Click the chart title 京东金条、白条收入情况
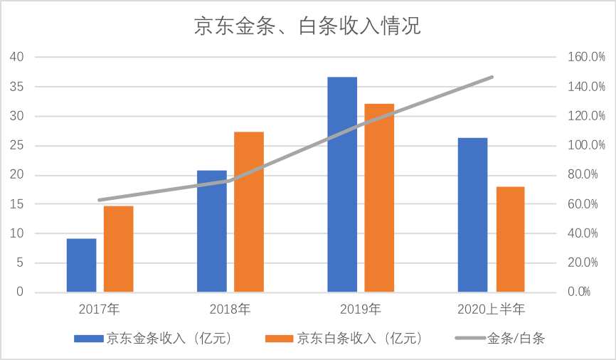[307, 26]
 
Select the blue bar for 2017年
[82, 265]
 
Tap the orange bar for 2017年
[119, 249]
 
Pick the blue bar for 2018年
[212, 231]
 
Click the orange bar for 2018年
[249, 212]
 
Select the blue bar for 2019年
[342, 184]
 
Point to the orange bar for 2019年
[379, 198]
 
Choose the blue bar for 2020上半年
[472, 215]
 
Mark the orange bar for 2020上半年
[510, 239]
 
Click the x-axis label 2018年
[230, 309]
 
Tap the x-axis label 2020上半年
[491, 309]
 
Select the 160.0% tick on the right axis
[581, 57]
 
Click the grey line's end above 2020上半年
[492, 77]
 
